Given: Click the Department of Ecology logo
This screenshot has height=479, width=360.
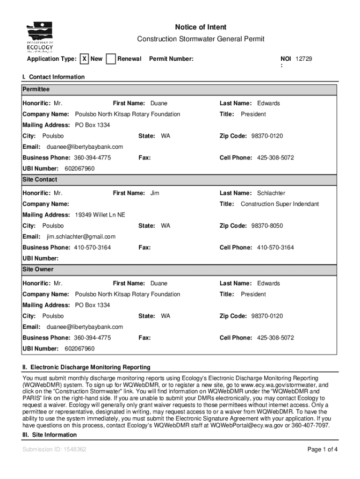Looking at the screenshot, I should (x=40, y=37).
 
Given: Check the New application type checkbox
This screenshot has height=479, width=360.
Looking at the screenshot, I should (x=84, y=59).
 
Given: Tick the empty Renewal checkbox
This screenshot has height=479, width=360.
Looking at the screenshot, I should (x=111, y=59).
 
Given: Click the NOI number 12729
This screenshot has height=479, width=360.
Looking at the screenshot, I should (x=303, y=59).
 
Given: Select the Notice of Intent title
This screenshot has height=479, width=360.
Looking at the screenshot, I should (x=201, y=28).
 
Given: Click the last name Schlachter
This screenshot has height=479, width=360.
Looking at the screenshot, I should (x=271, y=193).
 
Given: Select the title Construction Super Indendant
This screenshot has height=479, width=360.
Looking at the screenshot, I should (x=280, y=204).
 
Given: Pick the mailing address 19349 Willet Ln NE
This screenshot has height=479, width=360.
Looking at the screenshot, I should (x=100, y=215).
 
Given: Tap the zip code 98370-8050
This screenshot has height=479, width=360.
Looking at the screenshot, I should (x=267, y=226).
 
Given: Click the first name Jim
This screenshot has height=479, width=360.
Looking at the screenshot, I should (x=155, y=193).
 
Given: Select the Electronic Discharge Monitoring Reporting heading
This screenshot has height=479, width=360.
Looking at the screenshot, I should (x=86, y=367).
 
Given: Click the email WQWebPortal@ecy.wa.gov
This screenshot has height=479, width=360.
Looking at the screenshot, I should (x=247, y=426).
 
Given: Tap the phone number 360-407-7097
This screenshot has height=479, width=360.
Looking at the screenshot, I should (x=311, y=426).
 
